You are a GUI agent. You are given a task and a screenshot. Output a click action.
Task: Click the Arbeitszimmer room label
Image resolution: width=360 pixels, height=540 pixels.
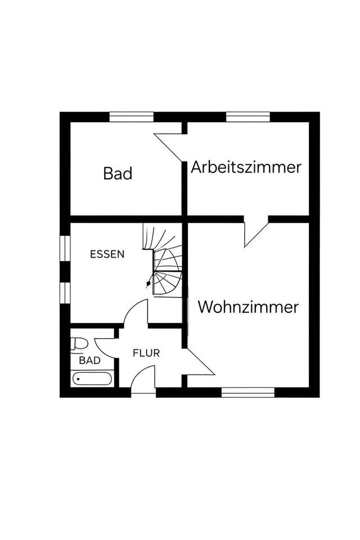(246, 167)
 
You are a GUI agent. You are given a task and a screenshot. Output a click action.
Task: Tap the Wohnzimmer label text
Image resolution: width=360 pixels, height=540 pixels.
(247, 307)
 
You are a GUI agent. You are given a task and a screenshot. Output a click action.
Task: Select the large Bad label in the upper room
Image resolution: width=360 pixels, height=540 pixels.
(118, 173)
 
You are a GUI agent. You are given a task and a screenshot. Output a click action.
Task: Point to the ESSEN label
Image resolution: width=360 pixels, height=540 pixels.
(107, 254)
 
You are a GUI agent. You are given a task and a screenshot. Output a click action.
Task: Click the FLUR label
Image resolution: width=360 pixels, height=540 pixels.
(146, 353)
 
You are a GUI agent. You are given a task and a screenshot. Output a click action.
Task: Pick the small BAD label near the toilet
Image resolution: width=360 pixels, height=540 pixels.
(90, 360)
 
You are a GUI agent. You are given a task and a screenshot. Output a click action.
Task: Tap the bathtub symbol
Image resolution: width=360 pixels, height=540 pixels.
(92, 378)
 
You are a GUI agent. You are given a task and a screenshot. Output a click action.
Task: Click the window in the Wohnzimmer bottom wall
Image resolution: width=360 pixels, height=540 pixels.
(247, 391)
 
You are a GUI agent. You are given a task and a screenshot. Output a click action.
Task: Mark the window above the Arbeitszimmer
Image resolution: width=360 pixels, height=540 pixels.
(248, 117)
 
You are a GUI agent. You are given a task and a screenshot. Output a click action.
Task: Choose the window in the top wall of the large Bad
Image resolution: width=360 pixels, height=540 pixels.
(132, 117)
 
